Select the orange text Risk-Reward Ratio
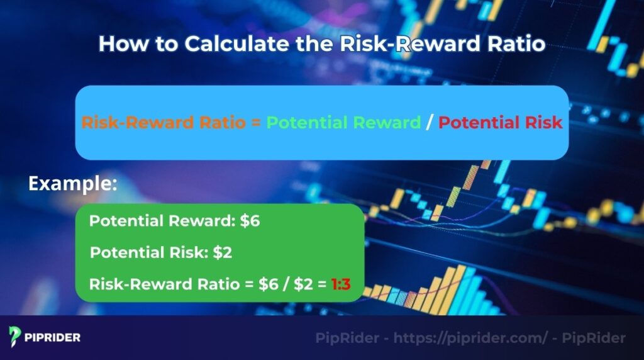click(x=164, y=123)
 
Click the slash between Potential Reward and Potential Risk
click(x=430, y=123)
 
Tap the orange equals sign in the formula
click(x=256, y=123)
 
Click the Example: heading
click(x=73, y=184)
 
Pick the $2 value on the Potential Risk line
click(x=223, y=253)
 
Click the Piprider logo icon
click(x=16, y=337)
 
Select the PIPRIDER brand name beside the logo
click(x=53, y=337)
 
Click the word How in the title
click(x=118, y=44)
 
